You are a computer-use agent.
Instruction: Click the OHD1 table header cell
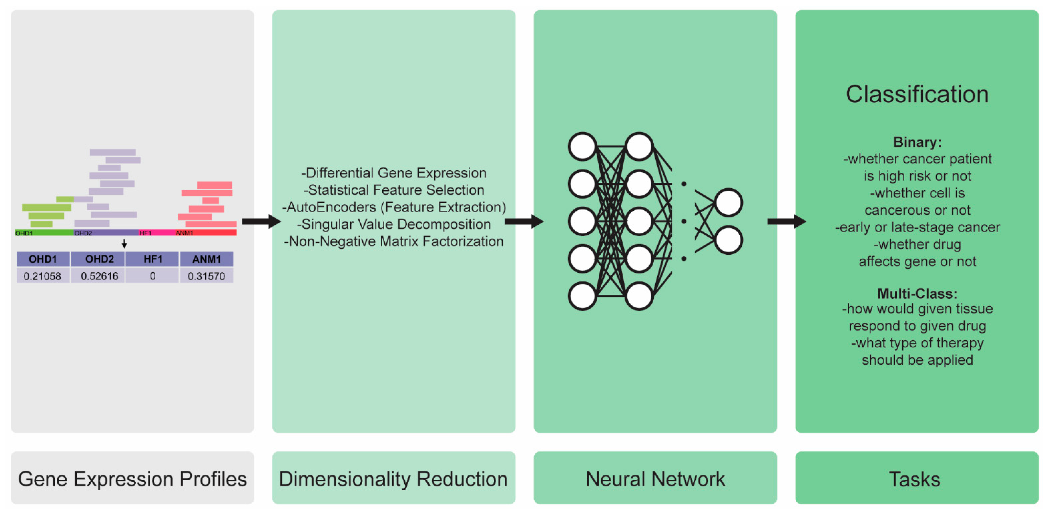tap(43, 259)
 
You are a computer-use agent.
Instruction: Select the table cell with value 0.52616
tap(99, 276)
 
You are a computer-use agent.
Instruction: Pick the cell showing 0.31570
tap(206, 276)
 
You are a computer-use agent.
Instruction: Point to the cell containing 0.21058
tap(42, 276)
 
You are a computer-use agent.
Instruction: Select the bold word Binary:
tap(917, 142)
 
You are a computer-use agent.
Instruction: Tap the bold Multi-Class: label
tap(917, 293)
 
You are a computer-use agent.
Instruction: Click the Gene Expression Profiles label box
tap(133, 478)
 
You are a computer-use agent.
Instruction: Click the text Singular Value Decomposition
tap(394, 224)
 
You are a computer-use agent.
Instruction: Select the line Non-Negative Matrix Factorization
tap(394, 241)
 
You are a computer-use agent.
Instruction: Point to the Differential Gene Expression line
tap(394, 173)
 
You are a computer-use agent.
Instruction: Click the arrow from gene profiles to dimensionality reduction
tap(261, 222)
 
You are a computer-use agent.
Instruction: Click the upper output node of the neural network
tap(728, 202)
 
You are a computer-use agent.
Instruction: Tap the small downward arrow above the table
tap(124, 244)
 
